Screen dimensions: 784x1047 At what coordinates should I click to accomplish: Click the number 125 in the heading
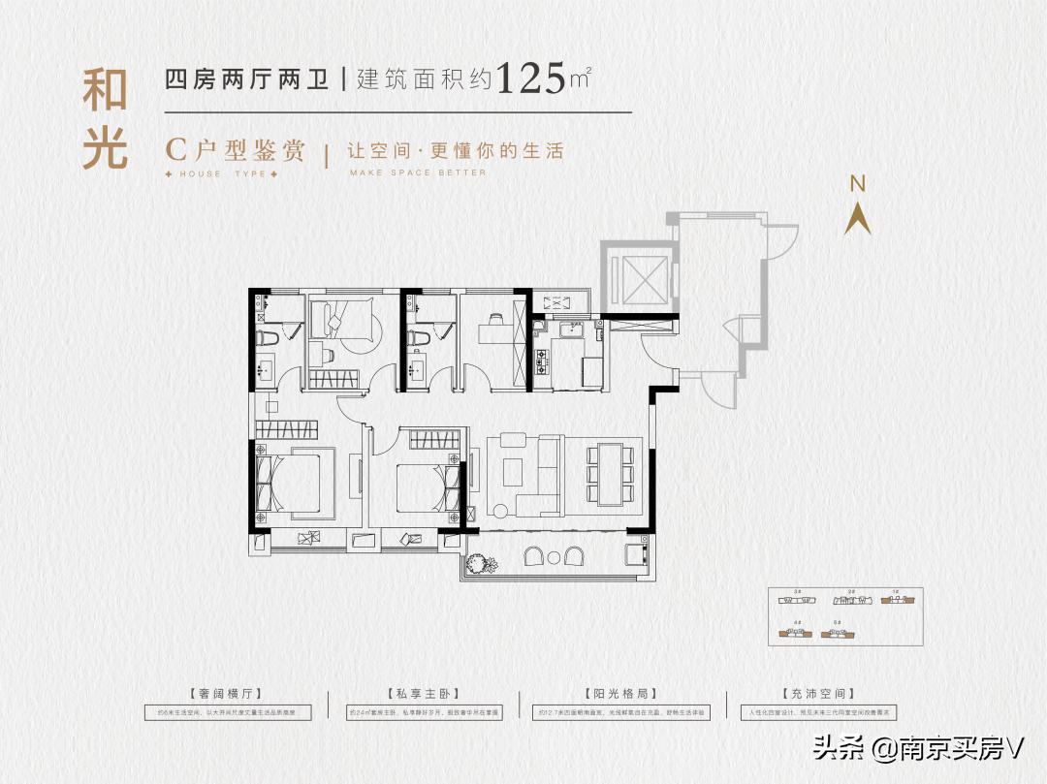point(530,78)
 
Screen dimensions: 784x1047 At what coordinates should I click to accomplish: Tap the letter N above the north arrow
point(857,184)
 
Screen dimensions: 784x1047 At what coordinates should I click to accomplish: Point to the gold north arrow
point(857,218)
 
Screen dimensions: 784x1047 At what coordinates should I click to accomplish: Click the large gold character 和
point(105,92)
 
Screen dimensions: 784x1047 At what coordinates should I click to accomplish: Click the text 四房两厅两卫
point(249,79)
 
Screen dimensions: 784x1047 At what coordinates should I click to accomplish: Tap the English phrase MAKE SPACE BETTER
point(418,173)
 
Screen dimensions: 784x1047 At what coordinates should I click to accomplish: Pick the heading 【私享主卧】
point(426,694)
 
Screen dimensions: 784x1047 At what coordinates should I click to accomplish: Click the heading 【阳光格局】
point(621,694)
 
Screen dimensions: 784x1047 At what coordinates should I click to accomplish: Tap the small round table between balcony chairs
point(554,557)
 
